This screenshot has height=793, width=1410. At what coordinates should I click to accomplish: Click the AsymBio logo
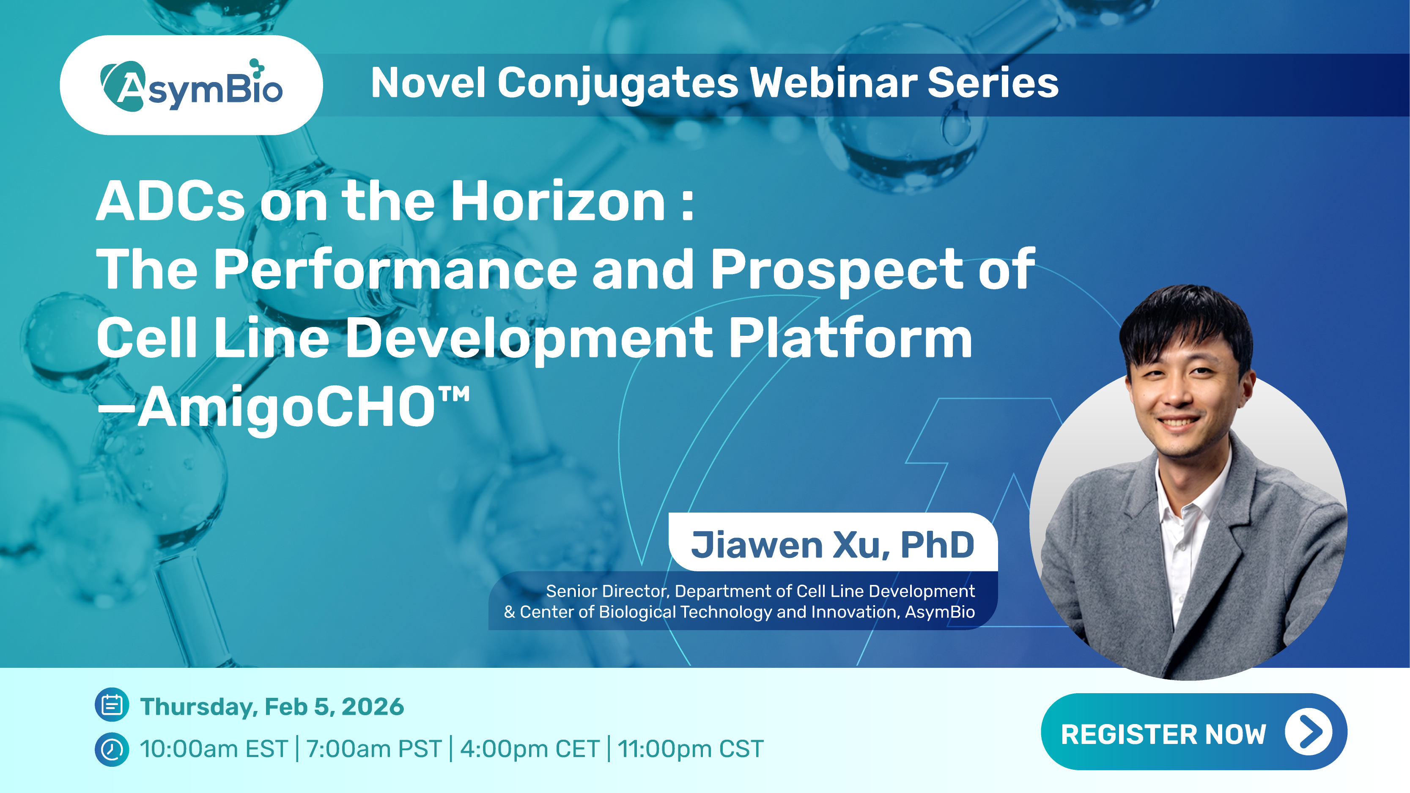[192, 85]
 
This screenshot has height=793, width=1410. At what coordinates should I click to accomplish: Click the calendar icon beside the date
[112, 705]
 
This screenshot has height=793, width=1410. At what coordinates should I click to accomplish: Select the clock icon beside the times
[112, 749]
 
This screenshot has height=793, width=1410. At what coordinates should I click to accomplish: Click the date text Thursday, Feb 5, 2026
[272, 707]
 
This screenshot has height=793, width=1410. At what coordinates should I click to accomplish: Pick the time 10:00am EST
[214, 749]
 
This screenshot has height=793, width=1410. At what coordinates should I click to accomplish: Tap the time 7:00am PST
[374, 749]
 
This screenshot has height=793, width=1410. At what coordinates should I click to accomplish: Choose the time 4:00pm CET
[530, 749]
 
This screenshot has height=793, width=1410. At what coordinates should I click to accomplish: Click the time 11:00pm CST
[690, 749]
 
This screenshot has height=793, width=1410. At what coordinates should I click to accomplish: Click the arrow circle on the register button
[1308, 732]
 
